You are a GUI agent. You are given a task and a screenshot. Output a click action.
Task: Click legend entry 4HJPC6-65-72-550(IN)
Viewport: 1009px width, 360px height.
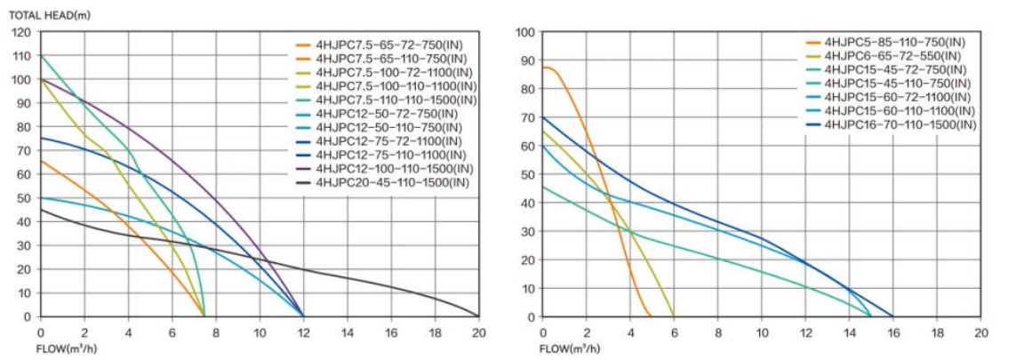pos(890,56)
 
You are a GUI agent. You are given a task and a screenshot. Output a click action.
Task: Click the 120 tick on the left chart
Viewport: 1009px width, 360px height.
pos(22,33)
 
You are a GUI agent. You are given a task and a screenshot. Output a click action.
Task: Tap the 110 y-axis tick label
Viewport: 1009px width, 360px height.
pos(22,56)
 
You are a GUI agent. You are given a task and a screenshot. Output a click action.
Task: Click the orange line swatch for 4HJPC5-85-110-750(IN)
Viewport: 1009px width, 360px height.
pos(813,42)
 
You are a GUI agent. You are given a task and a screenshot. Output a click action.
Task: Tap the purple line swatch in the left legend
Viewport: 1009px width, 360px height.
pos(303,169)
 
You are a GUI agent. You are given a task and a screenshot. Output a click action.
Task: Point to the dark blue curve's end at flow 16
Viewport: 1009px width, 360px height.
pos(893,316)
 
